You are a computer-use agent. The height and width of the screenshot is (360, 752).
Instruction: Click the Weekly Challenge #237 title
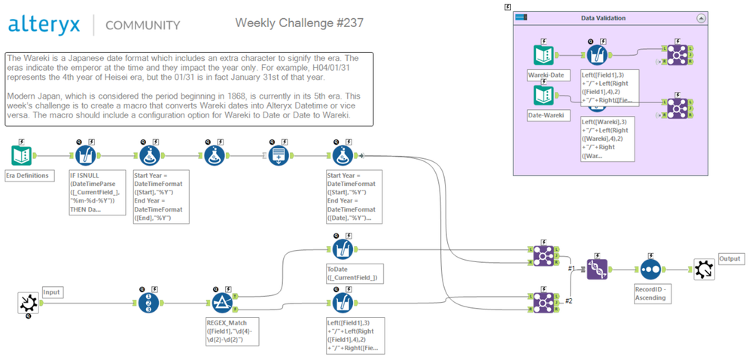click(300, 23)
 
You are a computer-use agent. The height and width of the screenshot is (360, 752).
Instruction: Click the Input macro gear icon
click(28, 303)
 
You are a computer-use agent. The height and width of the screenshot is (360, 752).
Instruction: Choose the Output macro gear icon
click(703, 268)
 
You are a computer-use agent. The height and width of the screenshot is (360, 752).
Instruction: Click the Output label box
click(730, 258)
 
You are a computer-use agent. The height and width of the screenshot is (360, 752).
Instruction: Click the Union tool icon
click(596, 268)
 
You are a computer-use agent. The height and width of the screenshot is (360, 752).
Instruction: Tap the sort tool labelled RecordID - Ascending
click(650, 268)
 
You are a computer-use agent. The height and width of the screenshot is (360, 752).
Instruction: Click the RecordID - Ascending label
click(650, 293)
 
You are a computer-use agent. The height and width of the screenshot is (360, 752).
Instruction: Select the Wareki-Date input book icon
click(543, 54)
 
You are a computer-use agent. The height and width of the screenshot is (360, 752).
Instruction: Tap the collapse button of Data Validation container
click(702, 18)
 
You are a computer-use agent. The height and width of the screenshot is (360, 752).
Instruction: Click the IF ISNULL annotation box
click(95, 192)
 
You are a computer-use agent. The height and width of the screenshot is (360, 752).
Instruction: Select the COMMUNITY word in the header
click(142, 25)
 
